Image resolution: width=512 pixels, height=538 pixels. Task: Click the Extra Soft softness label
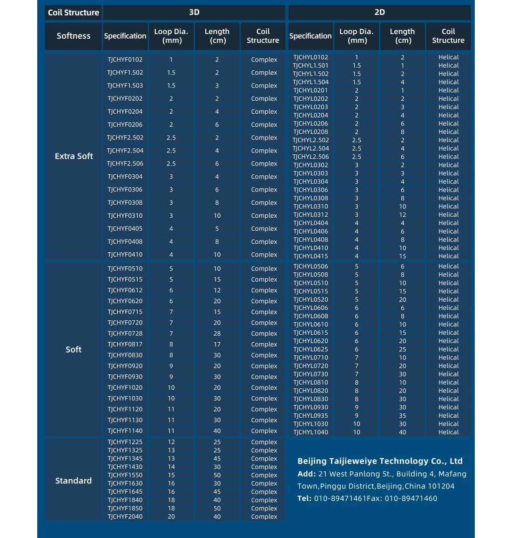74,156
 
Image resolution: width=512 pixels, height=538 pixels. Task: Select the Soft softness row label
74,349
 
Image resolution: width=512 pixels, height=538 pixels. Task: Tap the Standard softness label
74,481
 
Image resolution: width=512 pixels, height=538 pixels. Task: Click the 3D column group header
194,12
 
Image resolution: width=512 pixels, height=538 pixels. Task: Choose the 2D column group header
379,12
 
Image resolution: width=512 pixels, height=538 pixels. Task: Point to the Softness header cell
74,36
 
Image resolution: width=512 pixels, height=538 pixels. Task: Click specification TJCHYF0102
125,60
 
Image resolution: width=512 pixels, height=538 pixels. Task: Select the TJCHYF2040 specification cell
125,517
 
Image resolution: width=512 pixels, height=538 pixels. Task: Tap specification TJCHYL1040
310,432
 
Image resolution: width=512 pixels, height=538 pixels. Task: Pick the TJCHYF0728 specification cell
125,333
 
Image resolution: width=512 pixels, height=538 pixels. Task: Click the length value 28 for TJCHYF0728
217,333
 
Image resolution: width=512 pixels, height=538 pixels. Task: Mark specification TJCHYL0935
310,415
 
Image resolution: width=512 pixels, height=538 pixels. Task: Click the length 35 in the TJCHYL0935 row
402,415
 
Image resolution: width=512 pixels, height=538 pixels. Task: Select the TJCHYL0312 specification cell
310,215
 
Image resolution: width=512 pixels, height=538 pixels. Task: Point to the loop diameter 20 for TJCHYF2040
171,517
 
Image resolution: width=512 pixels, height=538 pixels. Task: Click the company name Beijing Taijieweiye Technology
380,461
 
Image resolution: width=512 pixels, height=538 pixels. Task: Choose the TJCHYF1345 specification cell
125,458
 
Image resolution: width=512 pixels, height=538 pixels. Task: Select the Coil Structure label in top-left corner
74,13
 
